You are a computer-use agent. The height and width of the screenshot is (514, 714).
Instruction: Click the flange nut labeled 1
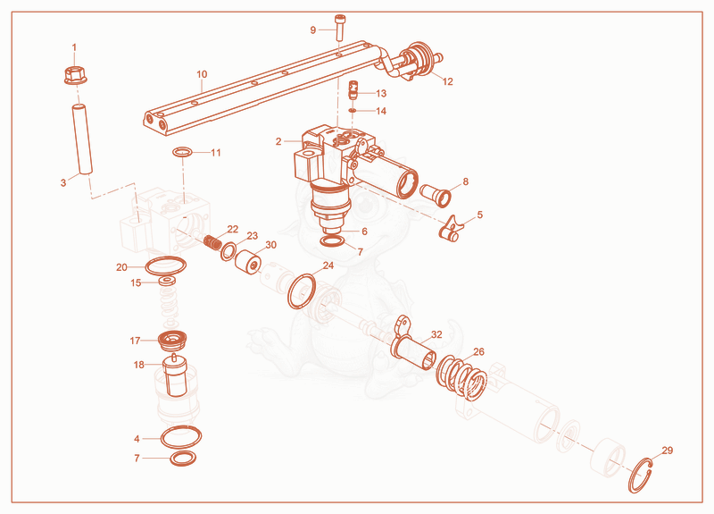click(75, 75)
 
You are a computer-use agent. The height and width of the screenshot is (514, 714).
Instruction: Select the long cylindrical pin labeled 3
click(81, 139)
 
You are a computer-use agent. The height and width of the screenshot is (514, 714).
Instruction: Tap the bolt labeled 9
click(340, 28)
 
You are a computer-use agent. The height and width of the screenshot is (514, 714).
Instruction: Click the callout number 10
click(202, 74)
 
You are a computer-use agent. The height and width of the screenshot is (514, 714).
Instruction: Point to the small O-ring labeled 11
click(182, 152)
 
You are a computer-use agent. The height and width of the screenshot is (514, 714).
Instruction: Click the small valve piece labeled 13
click(353, 90)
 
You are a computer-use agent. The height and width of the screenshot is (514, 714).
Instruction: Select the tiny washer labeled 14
click(353, 110)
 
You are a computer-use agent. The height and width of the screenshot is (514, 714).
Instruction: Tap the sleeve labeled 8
click(436, 195)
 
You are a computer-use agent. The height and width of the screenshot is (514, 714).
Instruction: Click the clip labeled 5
click(451, 228)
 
